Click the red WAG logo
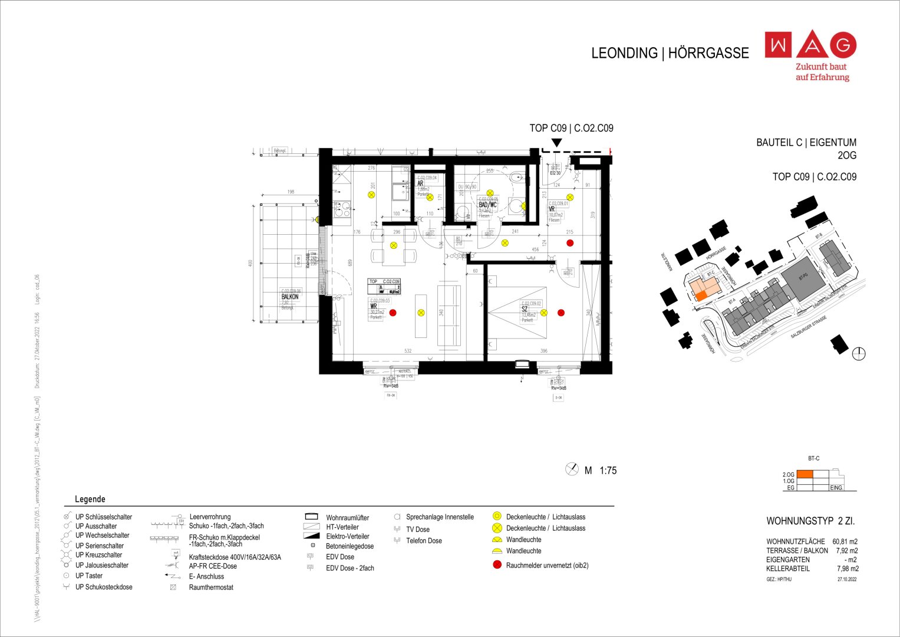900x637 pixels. coord(810,45)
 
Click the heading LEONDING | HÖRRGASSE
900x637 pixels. coord(670,53)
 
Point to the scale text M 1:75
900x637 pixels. coord(600,470)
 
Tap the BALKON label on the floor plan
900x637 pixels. coord(290,297)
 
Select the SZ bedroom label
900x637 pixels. coord(525,309)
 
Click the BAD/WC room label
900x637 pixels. coord(487,205)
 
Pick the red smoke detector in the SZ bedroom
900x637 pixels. coord(561,313)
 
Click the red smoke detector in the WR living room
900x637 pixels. coord(393,313)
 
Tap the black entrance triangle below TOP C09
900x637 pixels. coord(556,143)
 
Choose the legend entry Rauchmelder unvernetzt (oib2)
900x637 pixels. coord(546,565)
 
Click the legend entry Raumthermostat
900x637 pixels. coord(211,587)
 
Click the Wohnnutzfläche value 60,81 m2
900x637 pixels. coord(845,541)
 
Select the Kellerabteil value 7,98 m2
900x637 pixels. coord(848,569)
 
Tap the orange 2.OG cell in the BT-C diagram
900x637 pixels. coord(805,474)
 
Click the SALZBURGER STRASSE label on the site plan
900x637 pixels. coord(809,327)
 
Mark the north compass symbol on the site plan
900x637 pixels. coord(859,354)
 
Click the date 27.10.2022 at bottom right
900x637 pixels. coord(847,579)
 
